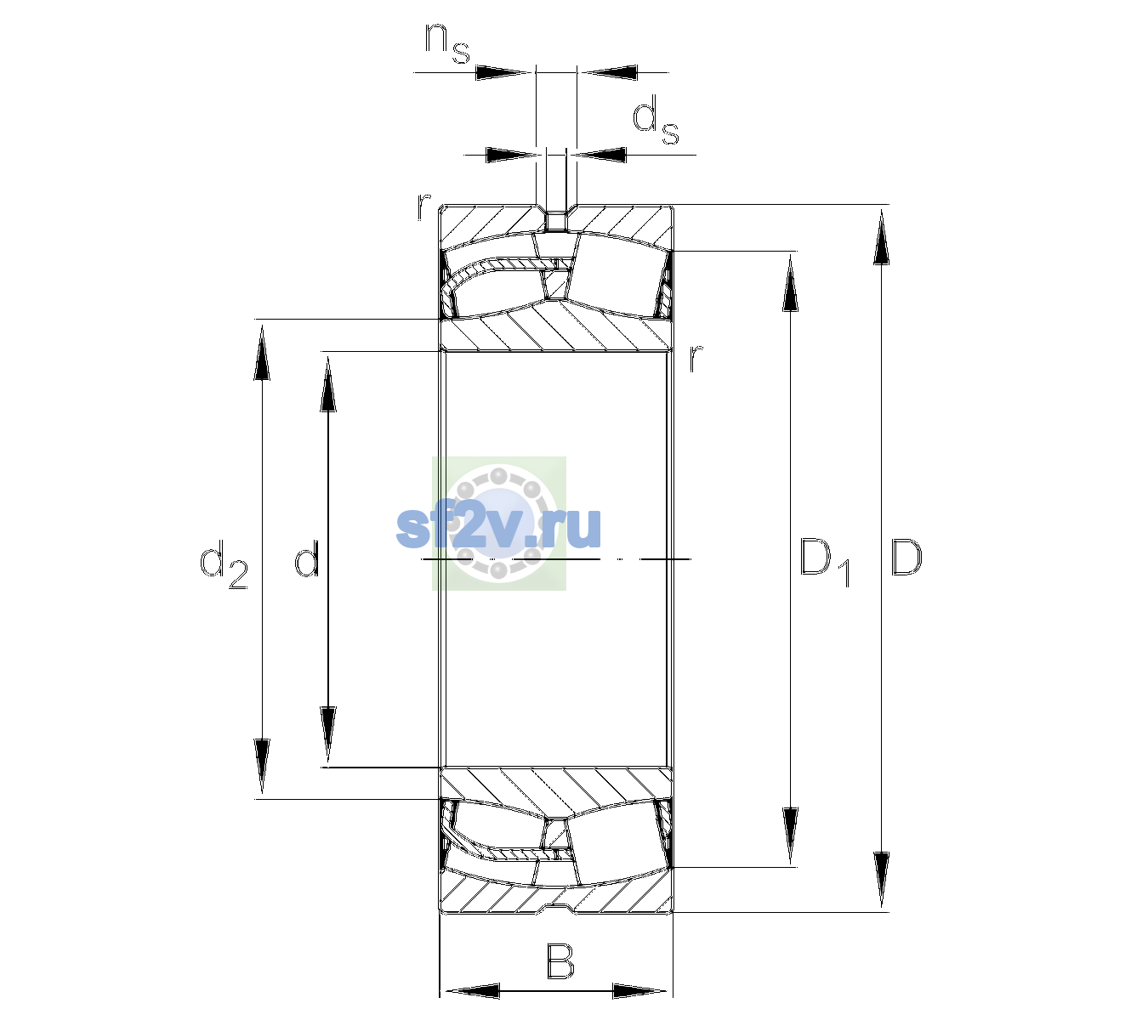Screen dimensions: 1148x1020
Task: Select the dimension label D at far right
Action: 906,558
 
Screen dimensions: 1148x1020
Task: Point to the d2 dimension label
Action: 224,564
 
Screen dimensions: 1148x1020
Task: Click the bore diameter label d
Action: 307,558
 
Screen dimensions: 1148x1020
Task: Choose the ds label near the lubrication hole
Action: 656,120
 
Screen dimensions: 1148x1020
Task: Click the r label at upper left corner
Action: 423,207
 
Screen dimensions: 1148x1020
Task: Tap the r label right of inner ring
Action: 696,357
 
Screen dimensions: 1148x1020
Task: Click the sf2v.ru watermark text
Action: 498,527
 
